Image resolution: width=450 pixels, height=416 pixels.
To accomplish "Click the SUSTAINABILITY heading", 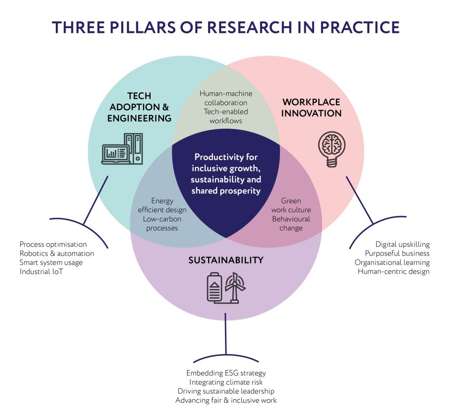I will [226, 260].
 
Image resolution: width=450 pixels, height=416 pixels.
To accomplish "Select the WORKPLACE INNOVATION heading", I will [312, 107].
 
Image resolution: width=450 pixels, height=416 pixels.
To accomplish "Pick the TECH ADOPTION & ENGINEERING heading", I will [139, 107].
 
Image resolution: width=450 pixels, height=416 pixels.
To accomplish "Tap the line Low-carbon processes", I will [162, 223].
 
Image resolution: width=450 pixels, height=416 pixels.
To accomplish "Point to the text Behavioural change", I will [291, 223].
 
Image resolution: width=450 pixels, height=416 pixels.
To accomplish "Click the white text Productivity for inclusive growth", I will [226, 163].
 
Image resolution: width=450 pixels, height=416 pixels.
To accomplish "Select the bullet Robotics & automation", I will [57, 253].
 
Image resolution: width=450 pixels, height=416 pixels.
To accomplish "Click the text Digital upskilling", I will [402, 245].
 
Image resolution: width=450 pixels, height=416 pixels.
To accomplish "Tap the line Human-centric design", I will [393, 271].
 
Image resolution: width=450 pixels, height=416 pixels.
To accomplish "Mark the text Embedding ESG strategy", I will [226, 373].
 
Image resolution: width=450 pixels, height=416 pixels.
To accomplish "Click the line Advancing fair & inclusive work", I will [226, 400].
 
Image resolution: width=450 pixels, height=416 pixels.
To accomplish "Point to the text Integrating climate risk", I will [226, 382].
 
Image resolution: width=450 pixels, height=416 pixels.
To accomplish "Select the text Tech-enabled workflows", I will [225, 116].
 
